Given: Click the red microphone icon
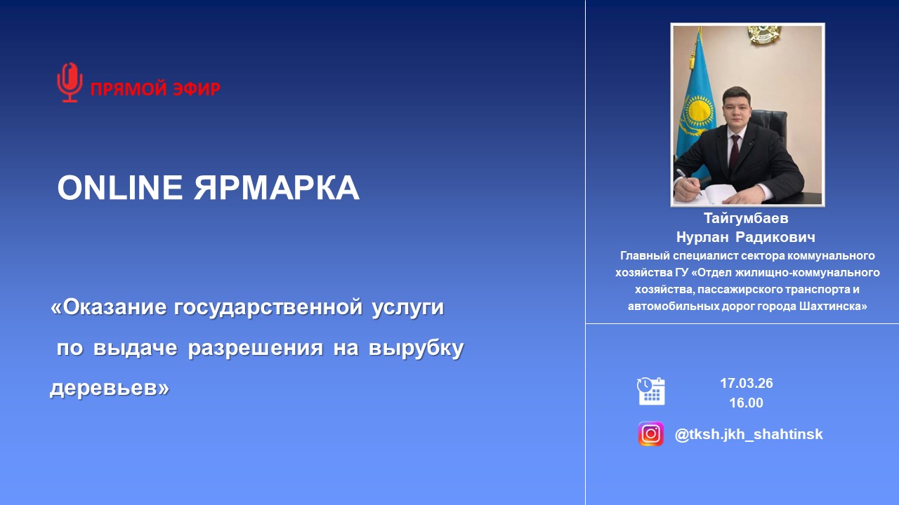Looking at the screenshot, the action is point(70,82).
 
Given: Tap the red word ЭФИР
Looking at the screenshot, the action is point(197,89).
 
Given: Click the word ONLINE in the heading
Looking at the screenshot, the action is point(120,187).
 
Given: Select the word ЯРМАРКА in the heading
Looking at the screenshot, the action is point(277,187).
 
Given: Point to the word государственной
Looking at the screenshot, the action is point(268,308).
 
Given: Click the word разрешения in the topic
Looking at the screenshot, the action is point(255,348).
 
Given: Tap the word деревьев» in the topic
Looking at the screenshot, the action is point(110,388).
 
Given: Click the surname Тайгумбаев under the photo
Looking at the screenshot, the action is point(746,218).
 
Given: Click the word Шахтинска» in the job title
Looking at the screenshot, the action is point(833,307).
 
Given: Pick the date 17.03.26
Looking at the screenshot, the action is point(747,383).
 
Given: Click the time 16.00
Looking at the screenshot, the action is point(746,403).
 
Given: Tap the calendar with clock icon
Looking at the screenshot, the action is point(651,391).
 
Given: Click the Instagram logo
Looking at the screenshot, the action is point(650,433).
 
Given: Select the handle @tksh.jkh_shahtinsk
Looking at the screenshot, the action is point(749,434).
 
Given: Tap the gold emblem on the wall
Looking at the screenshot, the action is point(764,34).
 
